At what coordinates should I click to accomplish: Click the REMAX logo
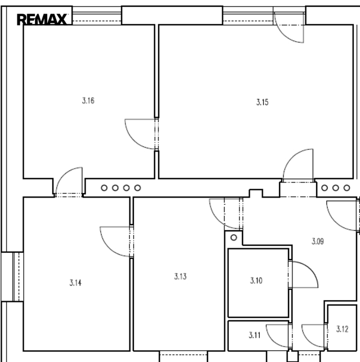[42, 19]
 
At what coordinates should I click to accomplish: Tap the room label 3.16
[88, 101]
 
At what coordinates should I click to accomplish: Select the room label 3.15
[263, 102]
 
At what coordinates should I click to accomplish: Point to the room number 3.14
[75, 283]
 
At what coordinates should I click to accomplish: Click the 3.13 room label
[181, 276]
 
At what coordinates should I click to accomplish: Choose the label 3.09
[318, 242]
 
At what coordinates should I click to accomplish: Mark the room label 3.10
[256, 280]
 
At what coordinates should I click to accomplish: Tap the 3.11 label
[255, 335]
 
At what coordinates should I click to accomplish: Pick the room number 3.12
[342, 329]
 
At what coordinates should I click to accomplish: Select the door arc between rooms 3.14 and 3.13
[109, 248]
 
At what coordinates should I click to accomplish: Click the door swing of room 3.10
[310, 269]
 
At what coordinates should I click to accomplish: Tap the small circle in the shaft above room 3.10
[233, 238]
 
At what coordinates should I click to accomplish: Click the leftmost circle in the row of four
[104, 188]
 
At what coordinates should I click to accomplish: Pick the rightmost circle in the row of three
[347, 188]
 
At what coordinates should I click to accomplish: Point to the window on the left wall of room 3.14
[12, 276]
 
